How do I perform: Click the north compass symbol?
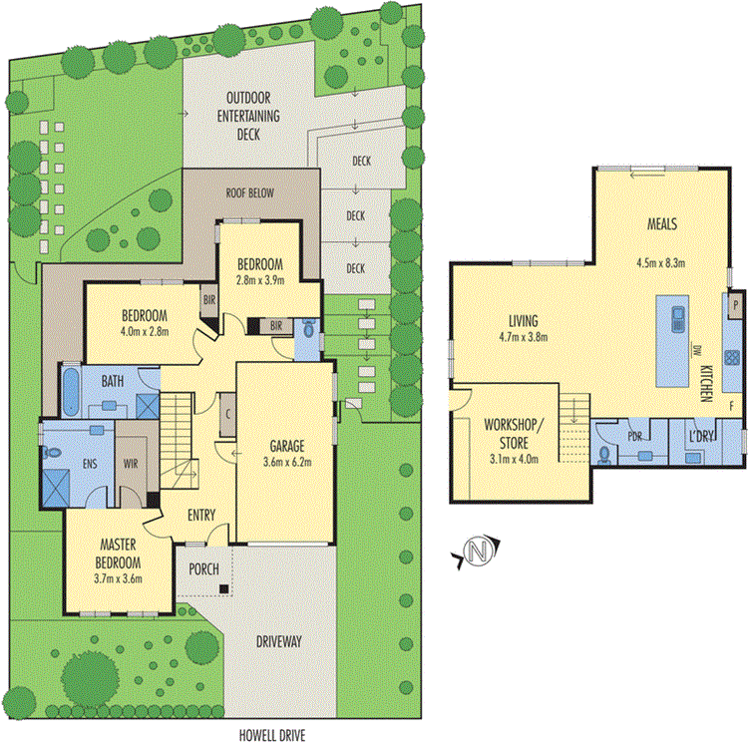click(x=480, y=550)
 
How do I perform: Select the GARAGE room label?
click(x=284, y=446)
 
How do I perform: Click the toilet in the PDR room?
click(x=607, y=452)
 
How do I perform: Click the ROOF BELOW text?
click(x=249, y=192)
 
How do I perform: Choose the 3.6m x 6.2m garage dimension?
click(x=284, y=462)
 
